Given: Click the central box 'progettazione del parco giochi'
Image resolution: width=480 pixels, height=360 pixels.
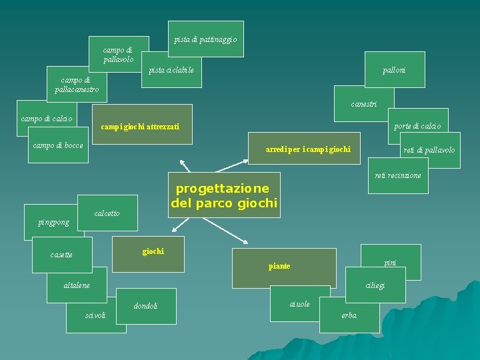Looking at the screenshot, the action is [x=223, y=195].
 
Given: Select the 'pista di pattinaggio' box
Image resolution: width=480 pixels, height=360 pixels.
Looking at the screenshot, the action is [x=205, y=40].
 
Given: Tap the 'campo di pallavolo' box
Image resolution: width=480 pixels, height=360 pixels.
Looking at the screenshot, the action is [x=118, y=54].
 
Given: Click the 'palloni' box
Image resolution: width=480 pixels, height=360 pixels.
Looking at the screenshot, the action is [x=394, y=70].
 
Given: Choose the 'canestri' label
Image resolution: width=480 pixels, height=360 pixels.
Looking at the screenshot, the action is [x=364, y=104].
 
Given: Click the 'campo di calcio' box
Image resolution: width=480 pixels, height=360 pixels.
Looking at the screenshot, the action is [x=47, y=119].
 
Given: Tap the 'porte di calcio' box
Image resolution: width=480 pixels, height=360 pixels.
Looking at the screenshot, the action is [x=417, y=125].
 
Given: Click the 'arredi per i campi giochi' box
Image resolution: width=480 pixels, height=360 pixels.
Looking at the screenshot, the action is [x=308, y=149].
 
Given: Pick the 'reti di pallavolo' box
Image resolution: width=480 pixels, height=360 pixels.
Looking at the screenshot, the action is [x=429, y=150].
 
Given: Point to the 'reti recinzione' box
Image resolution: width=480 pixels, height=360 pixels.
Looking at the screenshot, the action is [x=398, y=175].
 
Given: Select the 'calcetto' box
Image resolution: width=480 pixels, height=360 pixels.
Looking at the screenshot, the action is [x=107, y=213].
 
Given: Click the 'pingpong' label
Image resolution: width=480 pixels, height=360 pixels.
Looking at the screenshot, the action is [x=53, y=223].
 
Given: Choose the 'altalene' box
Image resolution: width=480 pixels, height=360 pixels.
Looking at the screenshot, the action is [x=77, y=285].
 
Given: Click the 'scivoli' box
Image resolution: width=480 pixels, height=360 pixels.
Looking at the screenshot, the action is [x=96, y=315].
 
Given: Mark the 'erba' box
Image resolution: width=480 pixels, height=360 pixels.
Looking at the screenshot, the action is [x=349, y=315].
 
